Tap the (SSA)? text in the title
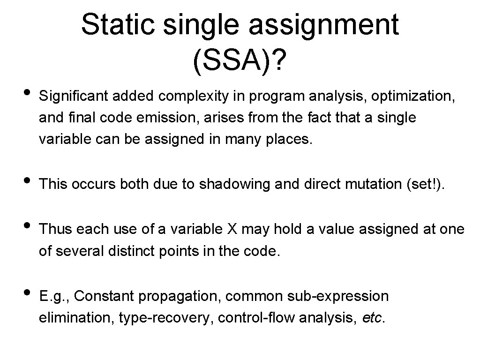[x=240, y=59]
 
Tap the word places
[x=287, y=140]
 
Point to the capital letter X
[x=232, y=229]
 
